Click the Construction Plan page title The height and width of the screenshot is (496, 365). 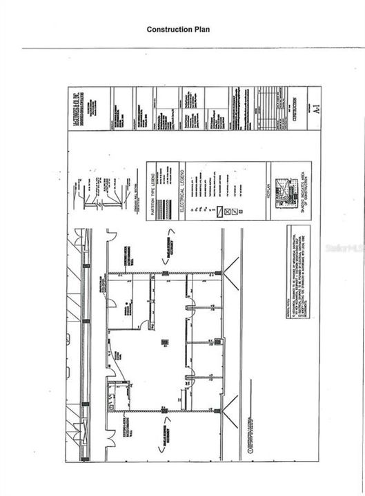point(178,30)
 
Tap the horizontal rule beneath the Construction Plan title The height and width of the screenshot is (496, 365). point(193,48)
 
